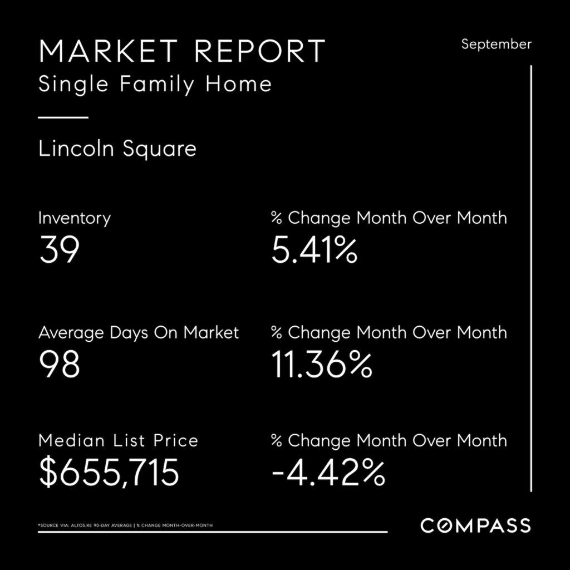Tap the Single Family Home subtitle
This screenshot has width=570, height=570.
pyautogui.click(x=155, y=85)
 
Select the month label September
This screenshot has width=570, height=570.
pyautogui.click(x=496, y=44)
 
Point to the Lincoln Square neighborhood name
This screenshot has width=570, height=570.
pyautogui.click(x=117, y=149)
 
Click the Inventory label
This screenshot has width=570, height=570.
pyautogui.click(x=74, y=218)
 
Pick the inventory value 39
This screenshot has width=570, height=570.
pyautogui.click(x=59, y=250)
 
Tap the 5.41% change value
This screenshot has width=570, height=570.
pyautogui.click(x=314, y=250)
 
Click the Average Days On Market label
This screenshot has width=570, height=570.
pyautogui.click(x=139, y=333)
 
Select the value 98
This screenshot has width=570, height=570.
pyautogui.click(x=59, y=365)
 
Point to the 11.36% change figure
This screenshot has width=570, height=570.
pyautogui.click(x=322, y=365)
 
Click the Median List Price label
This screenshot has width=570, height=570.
pyautogui.click(x=118, y=441)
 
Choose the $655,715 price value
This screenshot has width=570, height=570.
pyautogui.click(x=109, y=473)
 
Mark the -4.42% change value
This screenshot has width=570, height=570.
pyautogui.click(x=328, y=473)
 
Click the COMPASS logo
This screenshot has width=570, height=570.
pyautogui.click(x=475, y=525)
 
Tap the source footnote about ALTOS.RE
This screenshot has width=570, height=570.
pyautogui.click(x=125, y=525)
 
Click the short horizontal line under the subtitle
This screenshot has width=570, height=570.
pyautogui.click(x=63, y=117)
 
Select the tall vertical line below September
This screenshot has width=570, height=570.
pyautogui.click(x=531, y=278)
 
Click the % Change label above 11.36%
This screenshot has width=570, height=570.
pyautogui.click(x=389, y=333)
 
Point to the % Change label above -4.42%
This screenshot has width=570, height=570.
pyautogui.click(x=389, y=441)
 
